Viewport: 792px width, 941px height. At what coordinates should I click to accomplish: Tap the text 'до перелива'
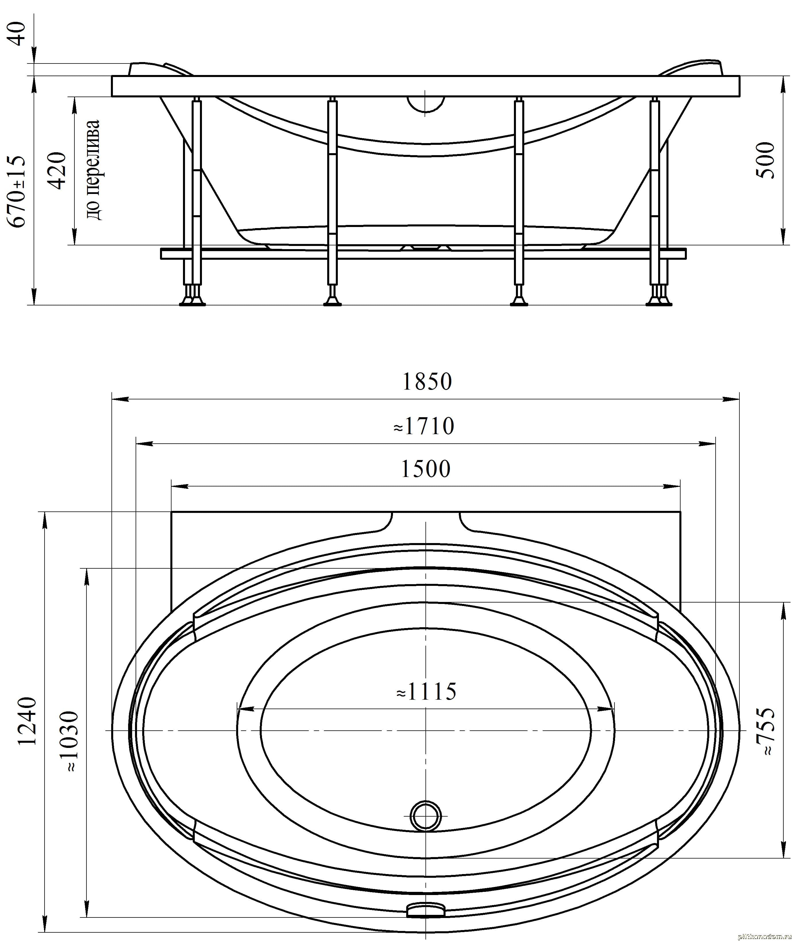pyautogui.click(x=93, y=170)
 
